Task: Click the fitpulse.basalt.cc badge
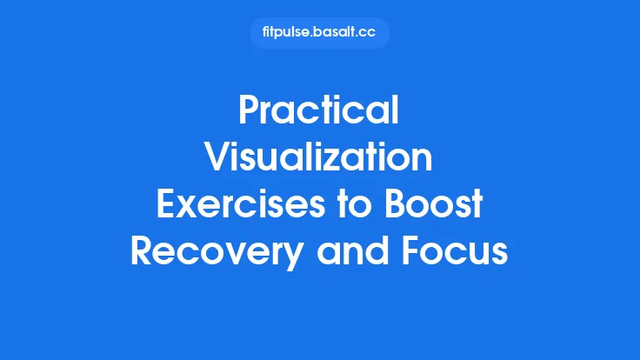[319, 33]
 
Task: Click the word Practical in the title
[319, 113]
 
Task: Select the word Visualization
[319, 159]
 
